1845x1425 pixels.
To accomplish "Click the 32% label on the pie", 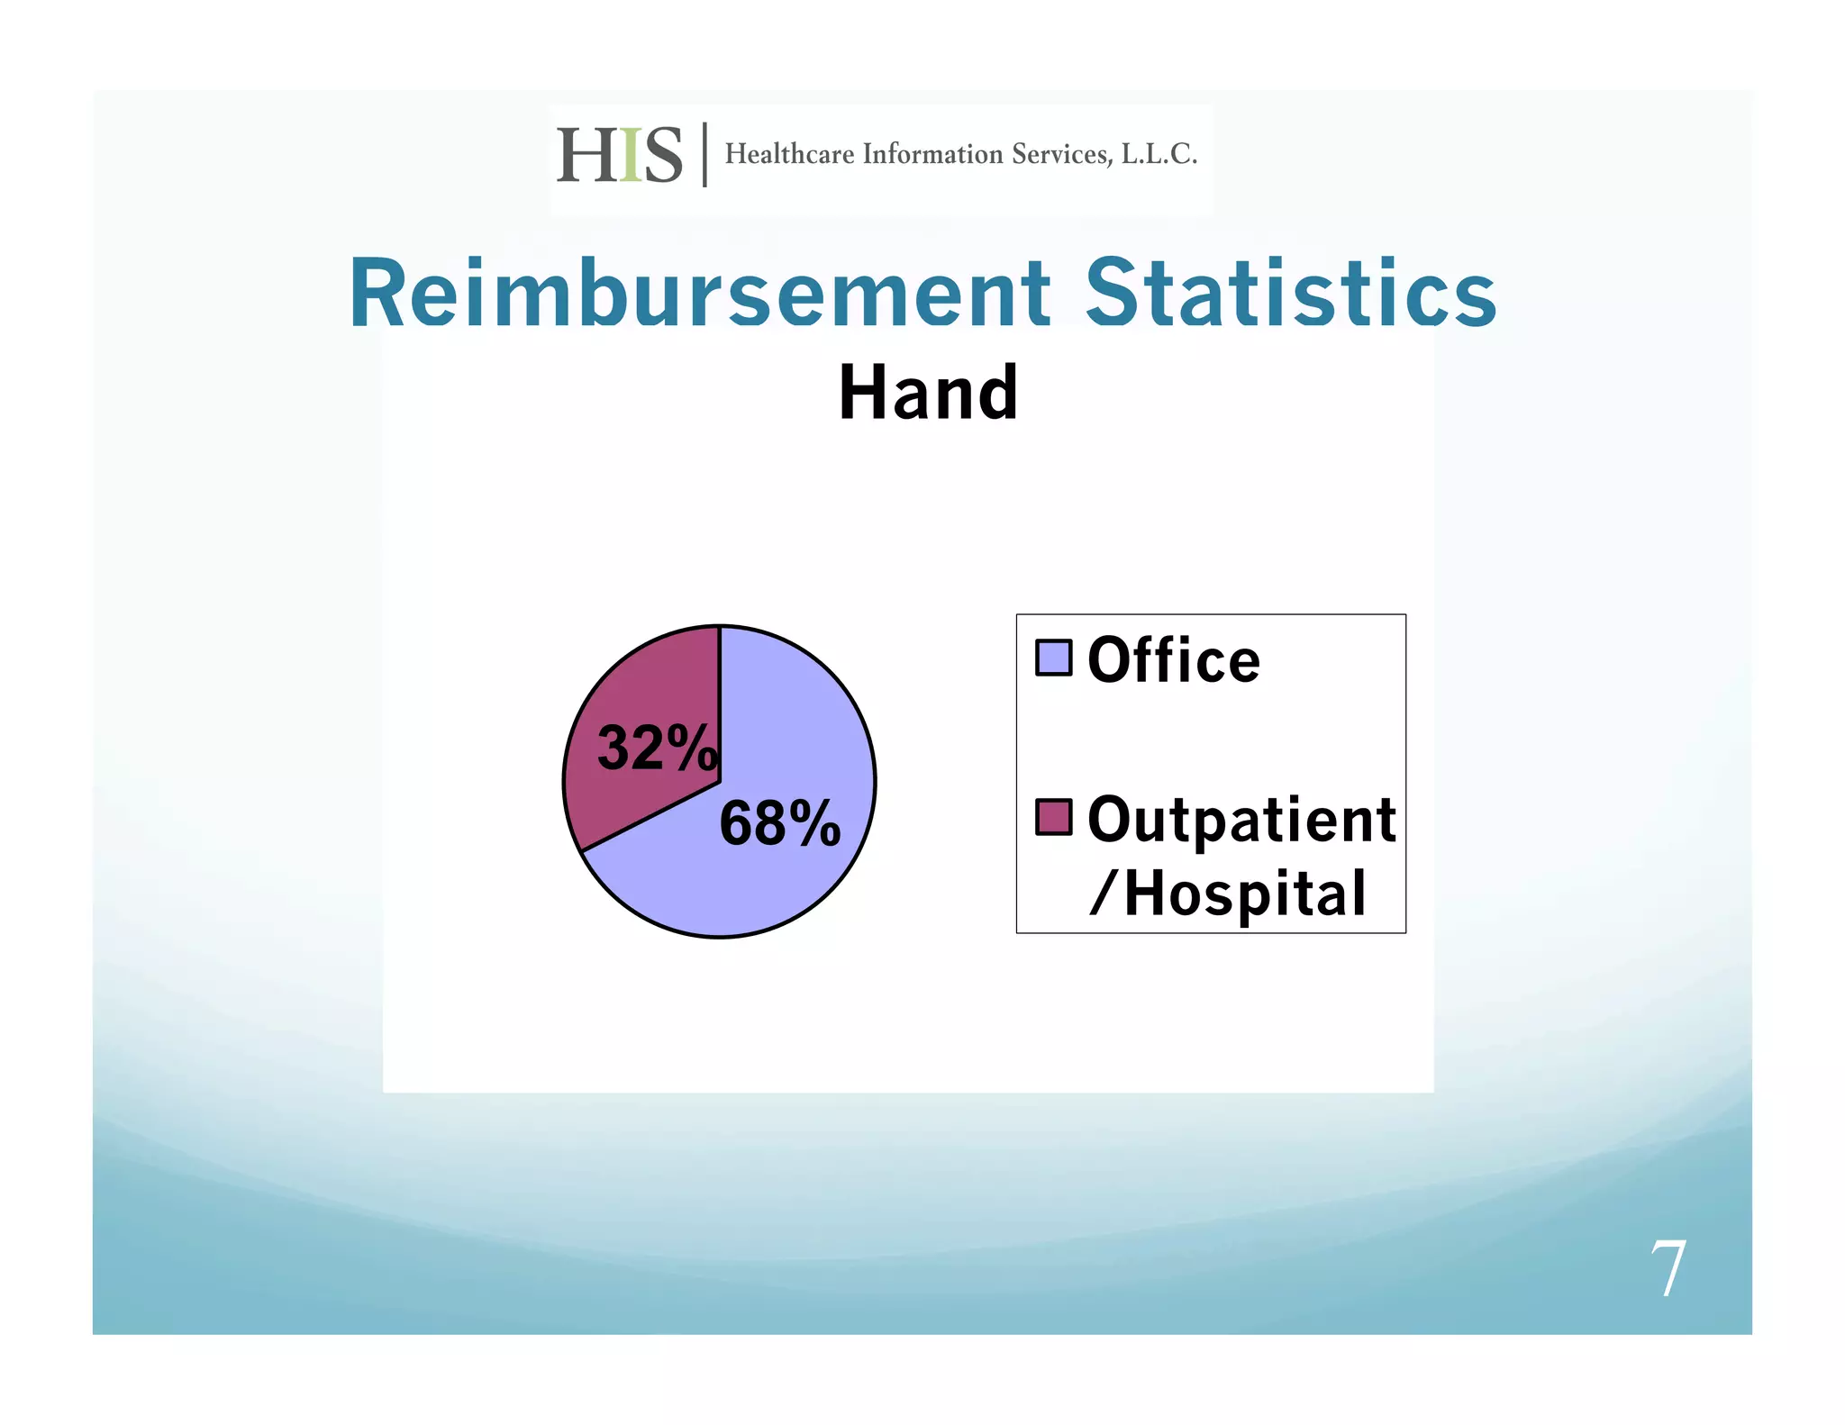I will tap(657, 749).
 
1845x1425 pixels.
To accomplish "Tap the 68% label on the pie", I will tap(779, 823).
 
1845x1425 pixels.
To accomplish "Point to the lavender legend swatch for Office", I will tap(1053, 658).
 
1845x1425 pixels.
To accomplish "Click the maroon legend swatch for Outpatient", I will tap(1053, 817).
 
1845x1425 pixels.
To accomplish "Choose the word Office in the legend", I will tap(1173, 660).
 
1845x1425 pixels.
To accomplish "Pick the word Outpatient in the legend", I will tap(1241, 821).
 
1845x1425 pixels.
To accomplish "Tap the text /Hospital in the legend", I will tap(1228, 894).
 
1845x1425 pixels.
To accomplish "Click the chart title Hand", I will tap(928, 394).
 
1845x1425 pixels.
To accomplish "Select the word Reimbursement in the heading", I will tap(700, 294).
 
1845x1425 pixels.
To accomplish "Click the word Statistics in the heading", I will tap(1290, 294).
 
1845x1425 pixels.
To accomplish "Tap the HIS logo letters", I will tap(619, 155).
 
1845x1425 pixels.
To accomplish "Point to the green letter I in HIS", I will tap(631, 155).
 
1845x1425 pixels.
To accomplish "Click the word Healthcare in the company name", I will tap(789, 154).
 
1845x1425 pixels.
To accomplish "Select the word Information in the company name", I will tap(932, 154).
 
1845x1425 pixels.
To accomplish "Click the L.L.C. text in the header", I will tap(1159, 154).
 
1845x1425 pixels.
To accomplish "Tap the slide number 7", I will tap(1668, 1268).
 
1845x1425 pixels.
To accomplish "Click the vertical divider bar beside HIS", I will tap(704, 155).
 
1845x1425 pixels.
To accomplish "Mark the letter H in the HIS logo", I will tap(586, 155).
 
